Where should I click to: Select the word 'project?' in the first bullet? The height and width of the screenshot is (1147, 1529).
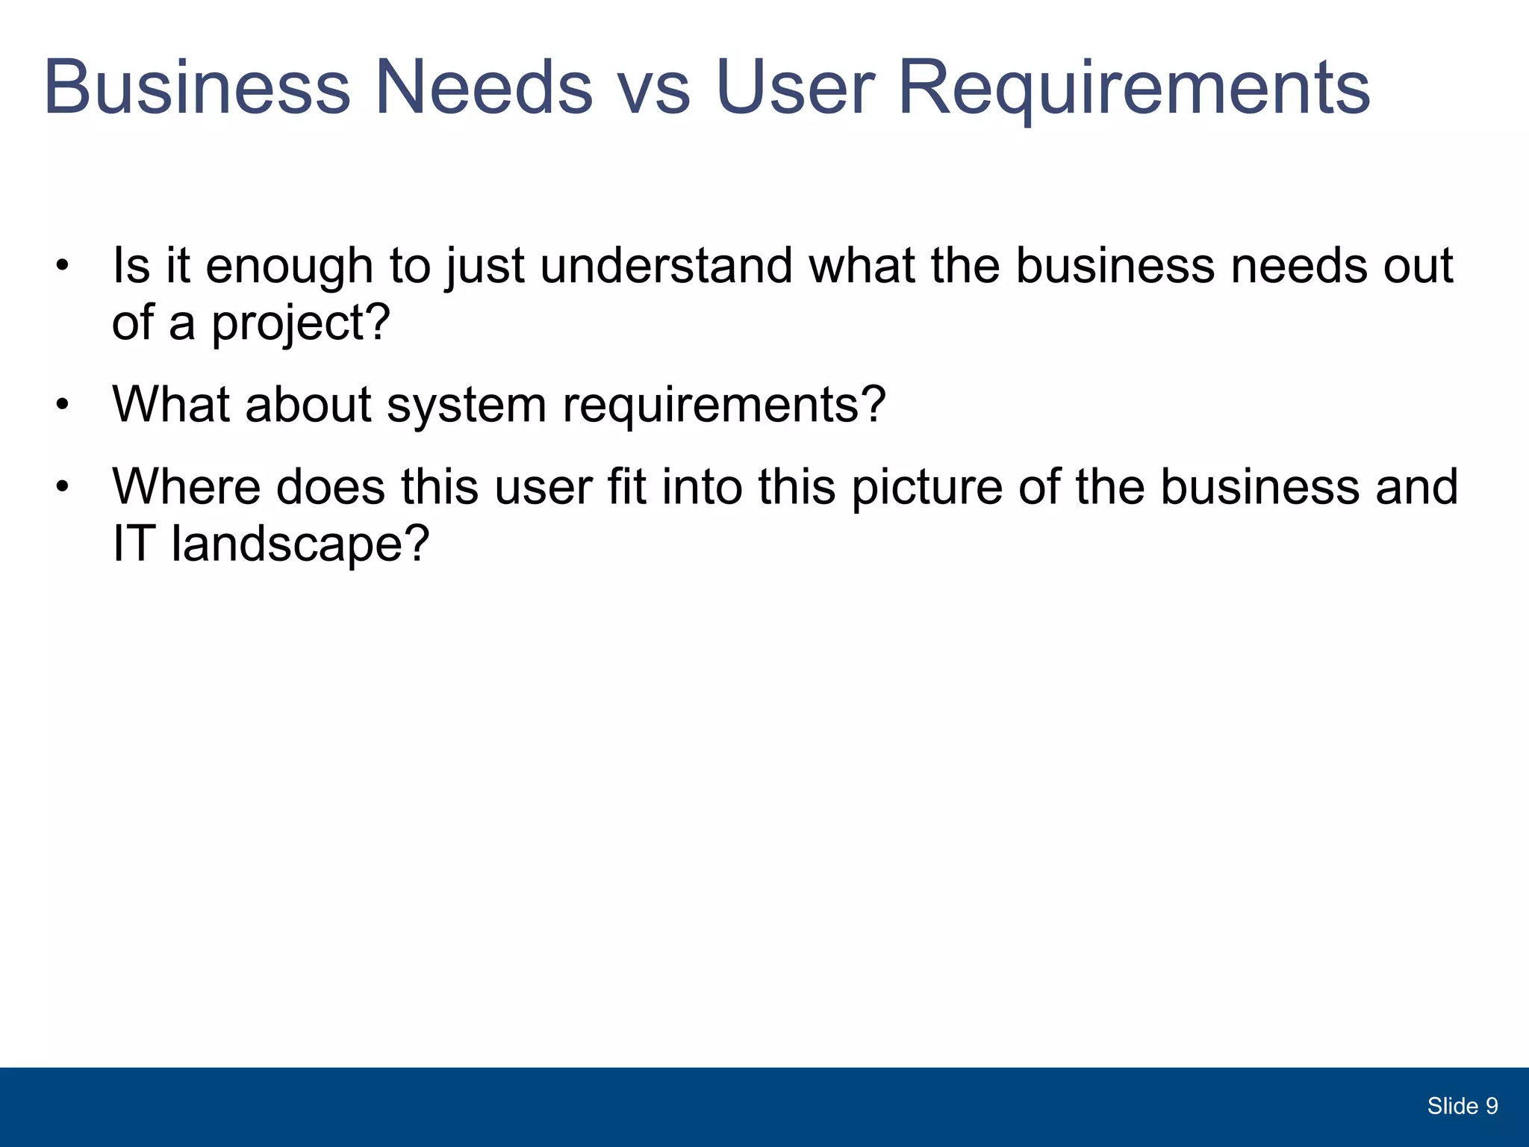301,323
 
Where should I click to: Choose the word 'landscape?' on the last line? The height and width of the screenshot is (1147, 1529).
301,544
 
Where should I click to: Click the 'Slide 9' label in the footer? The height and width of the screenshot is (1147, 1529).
1463,1106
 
